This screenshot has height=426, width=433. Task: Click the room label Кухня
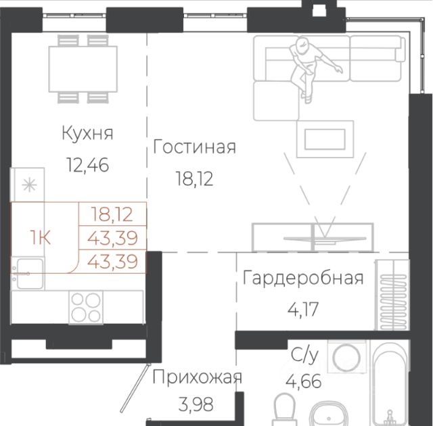[x=87, y=133]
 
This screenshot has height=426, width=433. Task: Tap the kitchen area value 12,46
[x=87, y=165]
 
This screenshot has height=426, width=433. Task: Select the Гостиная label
[x=194, y=147]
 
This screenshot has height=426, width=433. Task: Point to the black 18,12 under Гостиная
[x=194, y=179]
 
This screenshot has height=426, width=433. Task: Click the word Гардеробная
[x=303, y=278]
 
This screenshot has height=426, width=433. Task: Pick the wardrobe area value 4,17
[x=303, y=309]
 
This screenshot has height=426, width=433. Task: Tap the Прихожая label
[x=197, y=377]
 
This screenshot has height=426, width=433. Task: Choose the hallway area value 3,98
[x=196, y=404]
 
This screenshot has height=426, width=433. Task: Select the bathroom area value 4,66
[x=304, y=381]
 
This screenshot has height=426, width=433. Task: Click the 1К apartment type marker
[x=41, y=237]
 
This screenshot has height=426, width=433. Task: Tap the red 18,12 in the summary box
[x=112, y=214]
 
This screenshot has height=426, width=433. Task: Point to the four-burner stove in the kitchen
[x=86, y=307]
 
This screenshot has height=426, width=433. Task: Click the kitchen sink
[x=30, y=273]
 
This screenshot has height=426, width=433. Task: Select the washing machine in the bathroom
[x=346, y=358]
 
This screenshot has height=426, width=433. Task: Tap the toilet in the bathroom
[x=284, y=409]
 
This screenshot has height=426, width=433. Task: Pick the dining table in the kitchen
[x=83, y=69]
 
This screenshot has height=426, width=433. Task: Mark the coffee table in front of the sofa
[x=325, y=139]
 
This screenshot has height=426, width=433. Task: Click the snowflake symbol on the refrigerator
[x=29, y=185]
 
